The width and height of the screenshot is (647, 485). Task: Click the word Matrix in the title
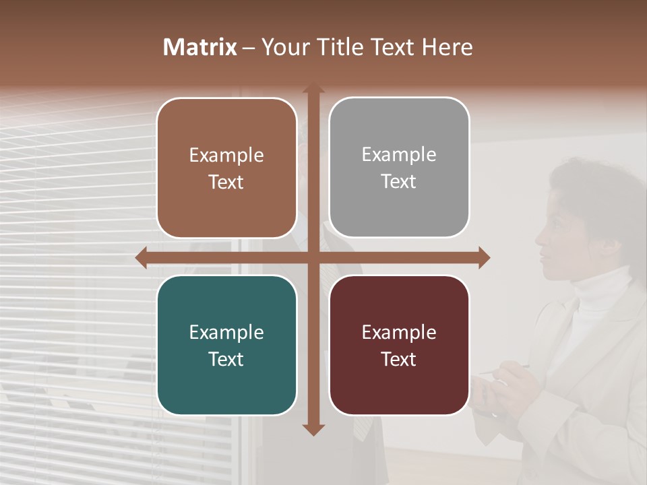pyautogui.click(x=200, y=47)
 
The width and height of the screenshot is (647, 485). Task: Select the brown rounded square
pyautogui.click(x=226, y=168)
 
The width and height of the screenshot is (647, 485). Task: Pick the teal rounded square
pyautogui.click(x=226, y=345)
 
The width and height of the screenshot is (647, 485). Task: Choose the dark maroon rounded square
pyautogui.click(x=399, y=345)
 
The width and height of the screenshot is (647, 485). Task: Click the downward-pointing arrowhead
pyautogui.click(x=313, y=429)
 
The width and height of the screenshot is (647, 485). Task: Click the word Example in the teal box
pyautogui.click(x=226, y=332)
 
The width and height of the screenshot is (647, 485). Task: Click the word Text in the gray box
pyautogui.click(x=399, y=181)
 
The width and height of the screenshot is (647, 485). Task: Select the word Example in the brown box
pyautogui.click(x=226, y=155)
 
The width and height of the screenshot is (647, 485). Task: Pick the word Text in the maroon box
pyautogui.click(x=399, y=359)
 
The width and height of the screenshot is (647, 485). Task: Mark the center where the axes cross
pyautogui.click(x=313, y=258)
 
